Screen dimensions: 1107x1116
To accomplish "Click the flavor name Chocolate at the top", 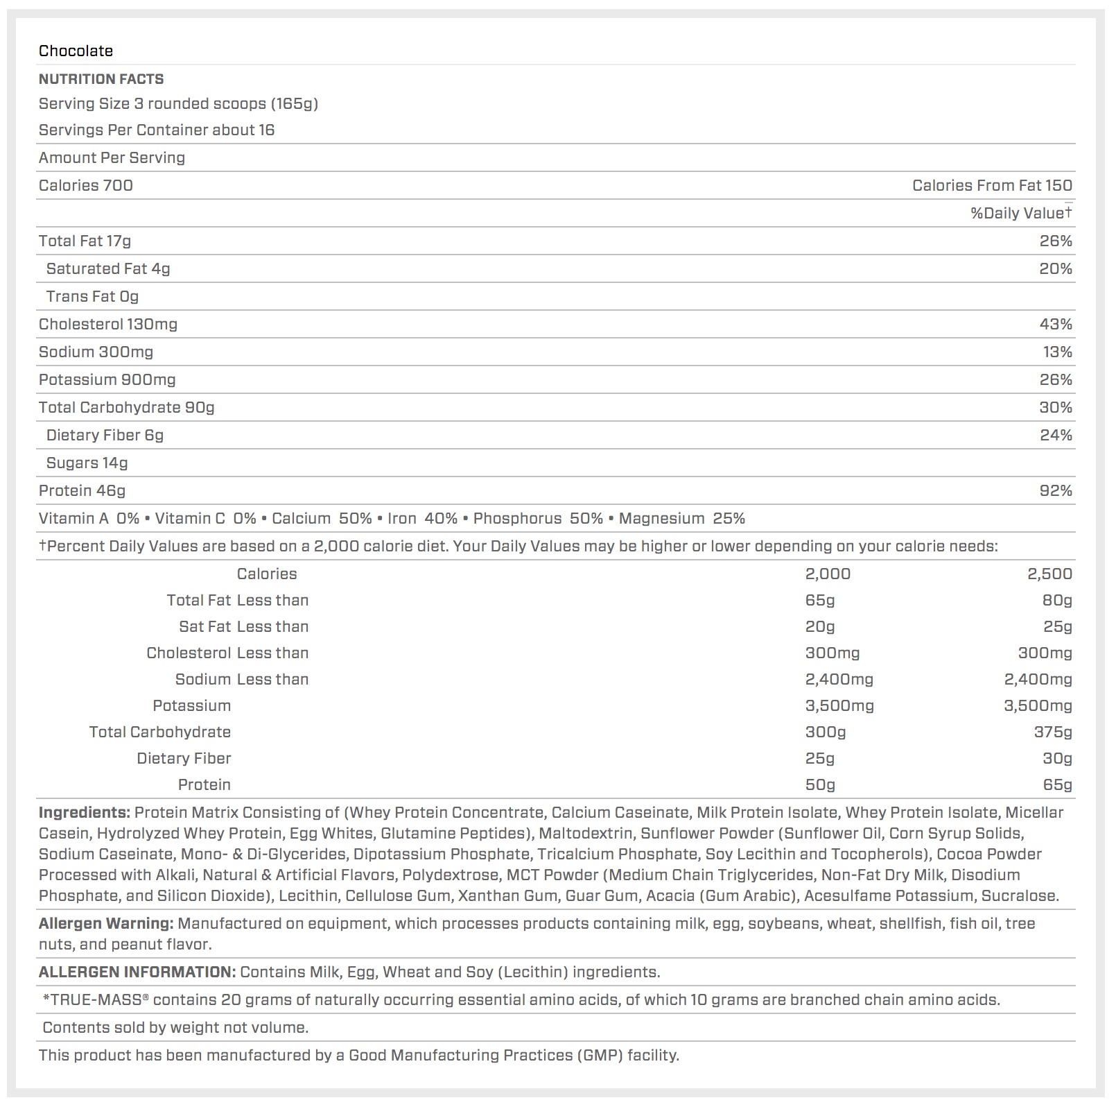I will (x=76, y=51).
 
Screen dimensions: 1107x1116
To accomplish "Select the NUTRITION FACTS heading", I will (x=101, y=79).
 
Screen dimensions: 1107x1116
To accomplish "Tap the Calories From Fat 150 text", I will (x=992, y=185).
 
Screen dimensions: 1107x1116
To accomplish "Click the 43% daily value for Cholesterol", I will (x=1056, y=324).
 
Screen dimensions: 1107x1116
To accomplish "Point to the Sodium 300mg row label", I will (x=96, y=352).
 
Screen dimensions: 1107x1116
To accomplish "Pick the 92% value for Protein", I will (x=1056, y=490).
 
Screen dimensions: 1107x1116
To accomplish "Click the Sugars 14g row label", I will (x=87, y=463).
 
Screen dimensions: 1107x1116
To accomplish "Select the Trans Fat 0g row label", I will (x=92, y=296).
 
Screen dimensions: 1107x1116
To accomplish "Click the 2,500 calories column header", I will (x=1049, y=574).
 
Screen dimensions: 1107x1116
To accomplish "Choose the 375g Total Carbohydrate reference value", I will (x=1053, y=732).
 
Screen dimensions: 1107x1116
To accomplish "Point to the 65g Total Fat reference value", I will (x=820, y=600).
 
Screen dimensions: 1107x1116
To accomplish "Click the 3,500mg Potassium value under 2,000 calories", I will (x=839, y=705).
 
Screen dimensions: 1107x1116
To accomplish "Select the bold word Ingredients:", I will (x=84, y=812).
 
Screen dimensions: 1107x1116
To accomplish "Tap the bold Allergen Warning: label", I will (x=105, y=923).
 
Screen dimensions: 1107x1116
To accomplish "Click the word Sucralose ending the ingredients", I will (x=1019, y=895).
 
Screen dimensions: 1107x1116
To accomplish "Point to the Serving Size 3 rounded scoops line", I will (x=178, y=103).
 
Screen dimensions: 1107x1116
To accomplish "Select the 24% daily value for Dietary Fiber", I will (x=1056, y=435).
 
